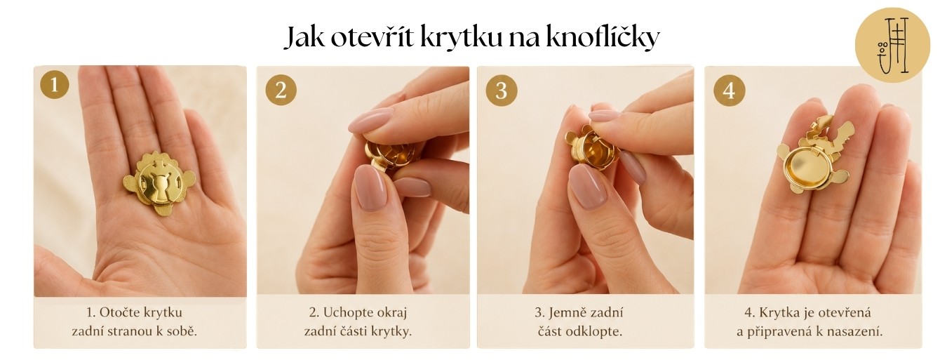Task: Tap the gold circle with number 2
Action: click(281, 90)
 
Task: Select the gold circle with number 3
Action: click(502, 90)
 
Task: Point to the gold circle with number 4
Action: click(730, 90)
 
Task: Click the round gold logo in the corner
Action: click(892, 45)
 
